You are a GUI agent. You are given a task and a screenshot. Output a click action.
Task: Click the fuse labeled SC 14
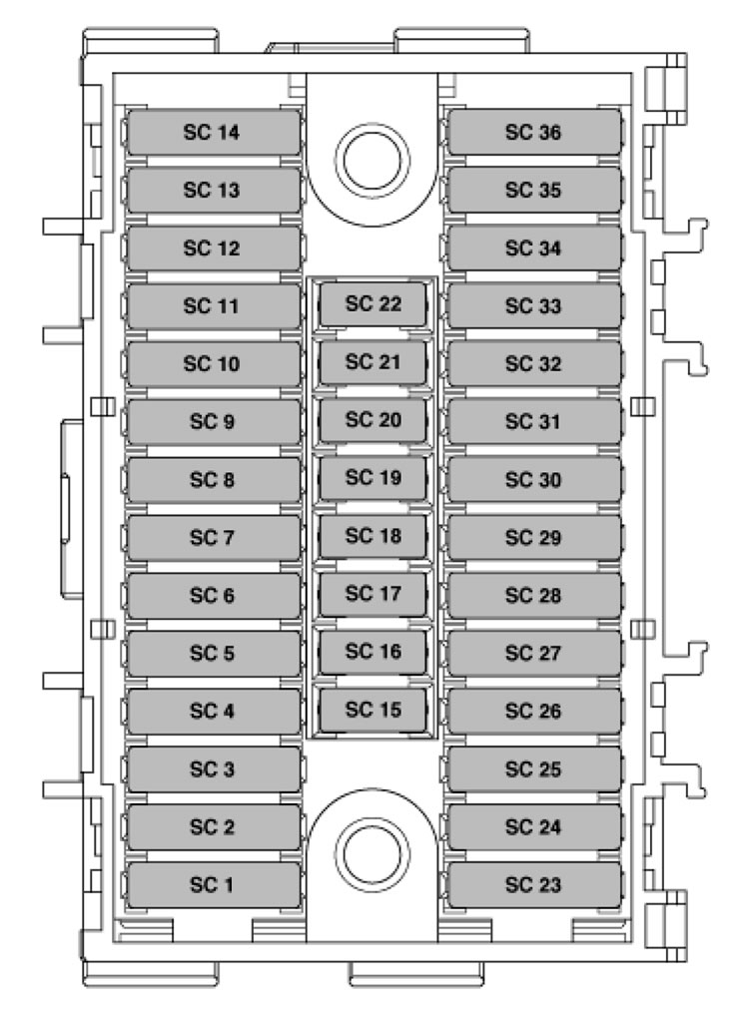[213, 133]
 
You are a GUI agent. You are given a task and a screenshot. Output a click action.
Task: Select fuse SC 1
[213, 885]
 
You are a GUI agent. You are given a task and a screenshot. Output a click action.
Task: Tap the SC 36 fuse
[534, 133]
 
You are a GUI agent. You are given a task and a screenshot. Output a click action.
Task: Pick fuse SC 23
[534, 885]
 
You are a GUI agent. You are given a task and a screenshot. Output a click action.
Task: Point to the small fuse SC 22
[373, 304]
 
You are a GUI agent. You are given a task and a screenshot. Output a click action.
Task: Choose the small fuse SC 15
[373, 711]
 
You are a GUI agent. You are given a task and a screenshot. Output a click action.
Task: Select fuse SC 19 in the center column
[373, 478]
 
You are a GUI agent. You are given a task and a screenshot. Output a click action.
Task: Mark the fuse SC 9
[213, 422]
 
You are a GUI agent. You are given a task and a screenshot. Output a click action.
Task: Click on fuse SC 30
[534, 480]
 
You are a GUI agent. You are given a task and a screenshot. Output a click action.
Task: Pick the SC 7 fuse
[213, 538]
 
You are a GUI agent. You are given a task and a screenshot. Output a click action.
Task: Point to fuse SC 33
[534, 306]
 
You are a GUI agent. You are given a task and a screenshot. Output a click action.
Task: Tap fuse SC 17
[373, 594]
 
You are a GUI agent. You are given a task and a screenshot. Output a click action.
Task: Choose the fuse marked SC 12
[213, 249]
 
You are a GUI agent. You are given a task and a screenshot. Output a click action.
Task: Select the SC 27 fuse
[534, 654]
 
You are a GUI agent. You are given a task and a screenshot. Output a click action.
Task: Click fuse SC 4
[213, 712]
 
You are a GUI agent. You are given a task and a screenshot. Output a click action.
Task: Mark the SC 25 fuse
[534, 769]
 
